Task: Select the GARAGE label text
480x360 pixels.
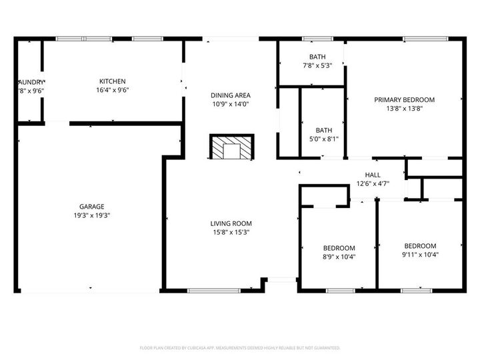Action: pos(93,207)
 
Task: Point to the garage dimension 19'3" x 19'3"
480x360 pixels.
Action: pos(93,215)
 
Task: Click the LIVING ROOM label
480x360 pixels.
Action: pos(231,223)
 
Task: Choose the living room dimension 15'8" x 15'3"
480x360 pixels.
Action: pos(231,232)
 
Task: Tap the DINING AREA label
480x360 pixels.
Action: pos(231,95)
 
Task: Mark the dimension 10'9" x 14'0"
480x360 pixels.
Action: pos(231,104)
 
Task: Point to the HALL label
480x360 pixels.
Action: pos(373,175)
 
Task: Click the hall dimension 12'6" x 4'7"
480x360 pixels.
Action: pos(373,183)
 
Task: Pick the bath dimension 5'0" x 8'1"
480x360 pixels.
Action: pos(324,139)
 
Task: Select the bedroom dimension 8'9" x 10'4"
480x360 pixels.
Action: pos(339,257)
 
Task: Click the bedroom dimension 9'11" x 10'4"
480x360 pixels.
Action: pos(420,254)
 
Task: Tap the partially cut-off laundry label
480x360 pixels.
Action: pos(30,81)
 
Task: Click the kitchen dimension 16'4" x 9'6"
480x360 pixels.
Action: pos(112,89)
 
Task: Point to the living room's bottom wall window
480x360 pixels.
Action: pos(213,291)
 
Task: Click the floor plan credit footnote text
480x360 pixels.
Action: pos(240,348)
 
